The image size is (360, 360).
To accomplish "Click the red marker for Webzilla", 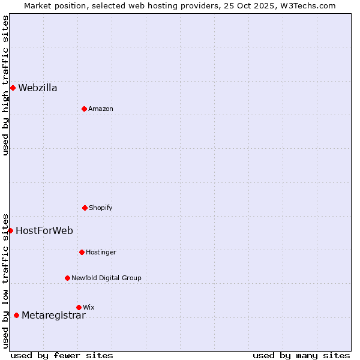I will [13, 88].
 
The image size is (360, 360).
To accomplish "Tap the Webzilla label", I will [38, 88].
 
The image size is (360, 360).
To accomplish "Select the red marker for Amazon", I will [84, 109].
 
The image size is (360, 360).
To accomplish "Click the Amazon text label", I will [101, 109].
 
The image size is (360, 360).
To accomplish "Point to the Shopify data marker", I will [85, 208].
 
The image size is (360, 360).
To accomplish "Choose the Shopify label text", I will [101, 208].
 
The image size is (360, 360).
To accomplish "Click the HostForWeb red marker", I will [10, 230].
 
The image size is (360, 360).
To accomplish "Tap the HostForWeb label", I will [44, 231].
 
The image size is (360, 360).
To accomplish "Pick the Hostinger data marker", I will [82, 252].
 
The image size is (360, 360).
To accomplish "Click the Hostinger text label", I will [101, 253].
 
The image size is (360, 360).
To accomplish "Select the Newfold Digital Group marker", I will [67, 278].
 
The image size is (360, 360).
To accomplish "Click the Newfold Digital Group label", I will [106, 278].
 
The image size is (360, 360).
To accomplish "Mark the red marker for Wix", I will [79, 307].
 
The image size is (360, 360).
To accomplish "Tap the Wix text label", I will [89, 308].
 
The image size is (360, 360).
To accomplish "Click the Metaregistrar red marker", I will [16, 316].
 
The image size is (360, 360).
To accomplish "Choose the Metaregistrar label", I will [53, 316].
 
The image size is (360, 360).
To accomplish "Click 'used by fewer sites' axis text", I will [62, 355].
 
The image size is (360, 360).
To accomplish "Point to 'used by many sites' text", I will [301, 355].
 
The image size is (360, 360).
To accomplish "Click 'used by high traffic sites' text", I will [5, 85].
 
